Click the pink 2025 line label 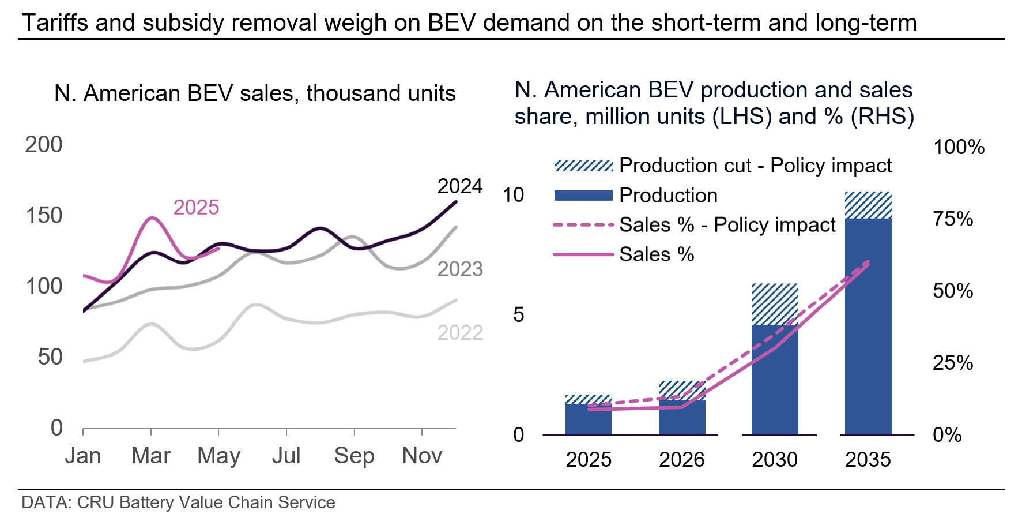[x=196, y=208]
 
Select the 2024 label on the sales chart [x=459, y=186]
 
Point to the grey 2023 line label [x=459, y=269]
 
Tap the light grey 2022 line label [x=459, y=333]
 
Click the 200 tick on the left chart [x=44, y=145]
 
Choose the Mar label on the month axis [x=151, y=456]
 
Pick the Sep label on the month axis [x=354, y=456]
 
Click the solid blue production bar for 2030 [x=775, y=381]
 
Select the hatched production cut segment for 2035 [x=868, y=205]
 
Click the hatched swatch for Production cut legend [x=583, y=166]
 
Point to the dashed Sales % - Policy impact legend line [x=583, y=225]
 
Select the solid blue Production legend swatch [x=583, y=196]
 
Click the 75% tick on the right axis [x=953, y=219]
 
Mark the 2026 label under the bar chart [x=681, y=460]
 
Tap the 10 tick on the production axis [x=513, y=195]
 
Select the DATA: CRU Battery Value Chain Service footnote [x=178, y=502]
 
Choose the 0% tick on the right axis [x=947, y=435]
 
